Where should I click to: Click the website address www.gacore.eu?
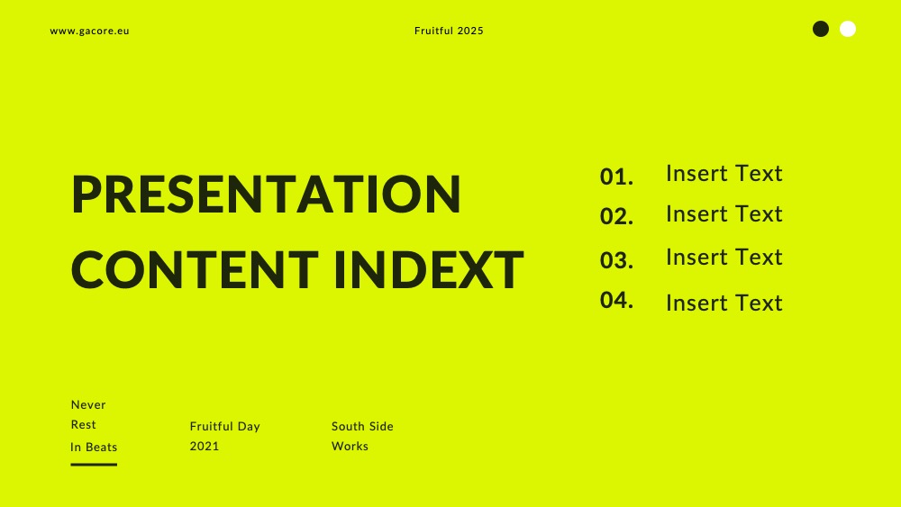[x=89, y=31]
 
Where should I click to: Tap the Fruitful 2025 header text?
[x=449, y=31]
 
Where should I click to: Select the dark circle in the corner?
[x=821, y=29]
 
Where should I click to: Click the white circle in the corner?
[x=848, y=29]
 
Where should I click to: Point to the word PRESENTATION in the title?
[x=266, y=195]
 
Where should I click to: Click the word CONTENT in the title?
[x=195, y=269]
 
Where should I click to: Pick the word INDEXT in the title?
[x=429, y=269]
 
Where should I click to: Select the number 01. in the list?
[x=616, y=177]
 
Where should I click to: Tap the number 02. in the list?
[x=616, y=216]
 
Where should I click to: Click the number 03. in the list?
[x=616, y=260]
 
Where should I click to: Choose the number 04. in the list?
[x=616, y=300]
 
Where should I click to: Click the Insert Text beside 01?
[x=724, y=174]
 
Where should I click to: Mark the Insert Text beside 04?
[x=724, y=303]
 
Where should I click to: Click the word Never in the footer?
[x=88, y=405]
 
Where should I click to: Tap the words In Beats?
[x=94, y=447]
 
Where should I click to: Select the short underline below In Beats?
[x=94, y=465]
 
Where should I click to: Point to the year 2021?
[x=205, y=446]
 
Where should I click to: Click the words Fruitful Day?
[x=225, y=426]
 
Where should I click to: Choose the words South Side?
[x=362, y=426]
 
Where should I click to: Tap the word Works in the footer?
[x=350, y=446]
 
